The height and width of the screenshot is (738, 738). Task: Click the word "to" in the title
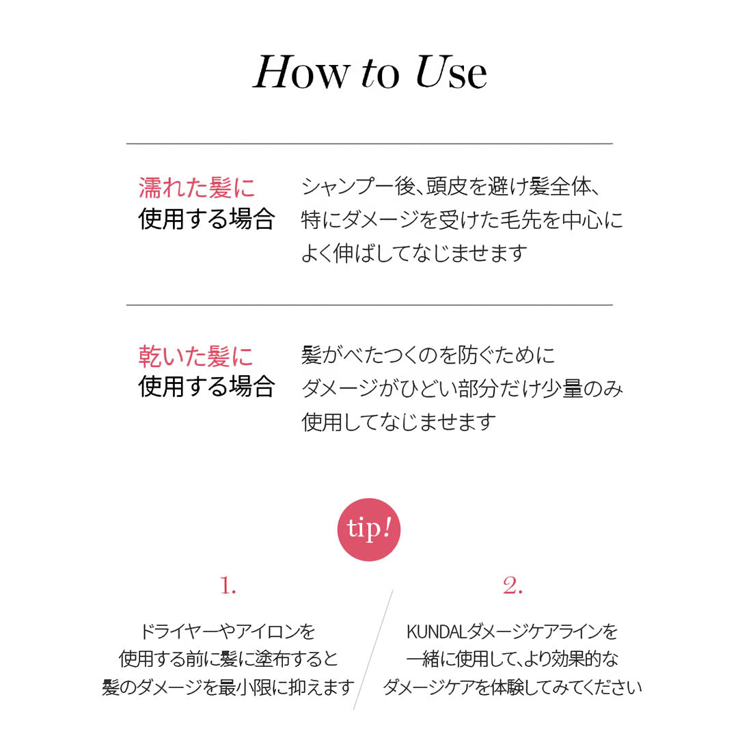[x=381, y=74]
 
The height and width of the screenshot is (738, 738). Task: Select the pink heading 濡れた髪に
[x=197, y=188]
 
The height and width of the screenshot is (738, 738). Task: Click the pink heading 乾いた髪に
[x=196, y=356]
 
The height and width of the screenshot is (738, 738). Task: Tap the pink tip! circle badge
[x=369, y=530]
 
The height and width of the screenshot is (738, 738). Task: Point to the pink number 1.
[x=228, y=586]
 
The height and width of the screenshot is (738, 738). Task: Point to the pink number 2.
[x=512, y=586]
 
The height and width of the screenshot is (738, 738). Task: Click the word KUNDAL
[x=436, y=631]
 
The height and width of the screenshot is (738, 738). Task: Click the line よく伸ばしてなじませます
[x=414, y=254]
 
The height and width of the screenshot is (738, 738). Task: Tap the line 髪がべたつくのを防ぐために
[x=428, y=355]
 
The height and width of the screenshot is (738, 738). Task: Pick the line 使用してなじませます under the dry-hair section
[x=399, y=422]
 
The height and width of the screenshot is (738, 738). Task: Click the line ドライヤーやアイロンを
[x=228, y=631]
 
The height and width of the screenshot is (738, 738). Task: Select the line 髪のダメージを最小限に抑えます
[x=228, y=687]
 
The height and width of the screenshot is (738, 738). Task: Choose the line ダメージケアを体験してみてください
[x=512, y=687]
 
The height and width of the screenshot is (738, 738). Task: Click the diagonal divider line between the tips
[x=373, y=650]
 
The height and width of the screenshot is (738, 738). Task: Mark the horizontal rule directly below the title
[x=370, y=143]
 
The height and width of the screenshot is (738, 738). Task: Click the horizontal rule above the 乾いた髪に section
[x=370, y=305]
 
